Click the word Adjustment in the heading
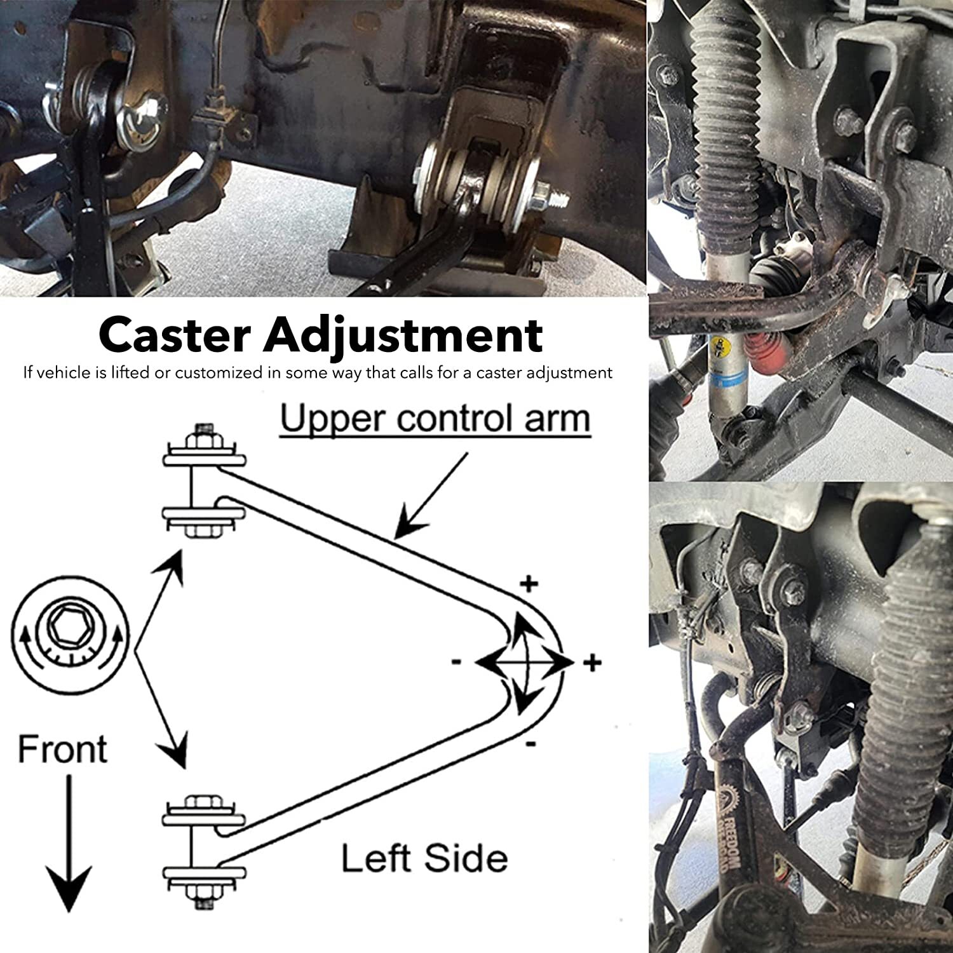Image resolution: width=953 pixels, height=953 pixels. click(x=403, y=335)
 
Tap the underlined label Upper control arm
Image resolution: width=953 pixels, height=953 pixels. click(x=435, y=419)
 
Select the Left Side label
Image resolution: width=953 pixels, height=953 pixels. click(x=424, y=858)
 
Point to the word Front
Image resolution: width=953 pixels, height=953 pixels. click(x=62, y=749)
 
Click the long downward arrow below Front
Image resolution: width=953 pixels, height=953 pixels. click(x=69, y=845)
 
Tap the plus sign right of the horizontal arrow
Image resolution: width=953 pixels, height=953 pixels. click(x=592, y=663)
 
